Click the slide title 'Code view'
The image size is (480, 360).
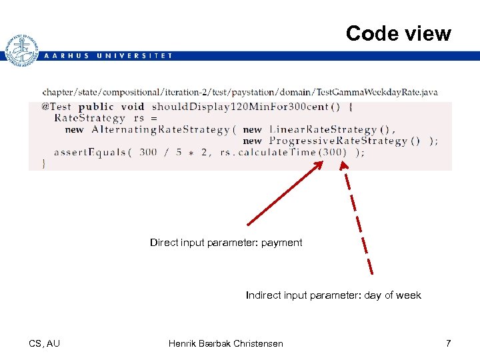[x=398, y=33]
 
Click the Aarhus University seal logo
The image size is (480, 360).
[x=21, y=50]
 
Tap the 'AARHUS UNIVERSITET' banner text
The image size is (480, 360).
[x=107, y=56]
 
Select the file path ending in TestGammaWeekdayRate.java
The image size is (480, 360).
[x=240, y=92]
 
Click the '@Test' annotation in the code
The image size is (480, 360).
[x=56, y=107]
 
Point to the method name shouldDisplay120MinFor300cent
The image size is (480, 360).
[x=241, y=107]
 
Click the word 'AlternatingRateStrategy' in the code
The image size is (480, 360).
[x=160, y=129]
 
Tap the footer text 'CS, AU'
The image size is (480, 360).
[x=44, y=343]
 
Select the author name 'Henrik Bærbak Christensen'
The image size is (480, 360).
[x=225, y=343]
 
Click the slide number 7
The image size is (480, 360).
[x=448, y=343]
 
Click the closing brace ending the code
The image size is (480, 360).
[x=44, y=163]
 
